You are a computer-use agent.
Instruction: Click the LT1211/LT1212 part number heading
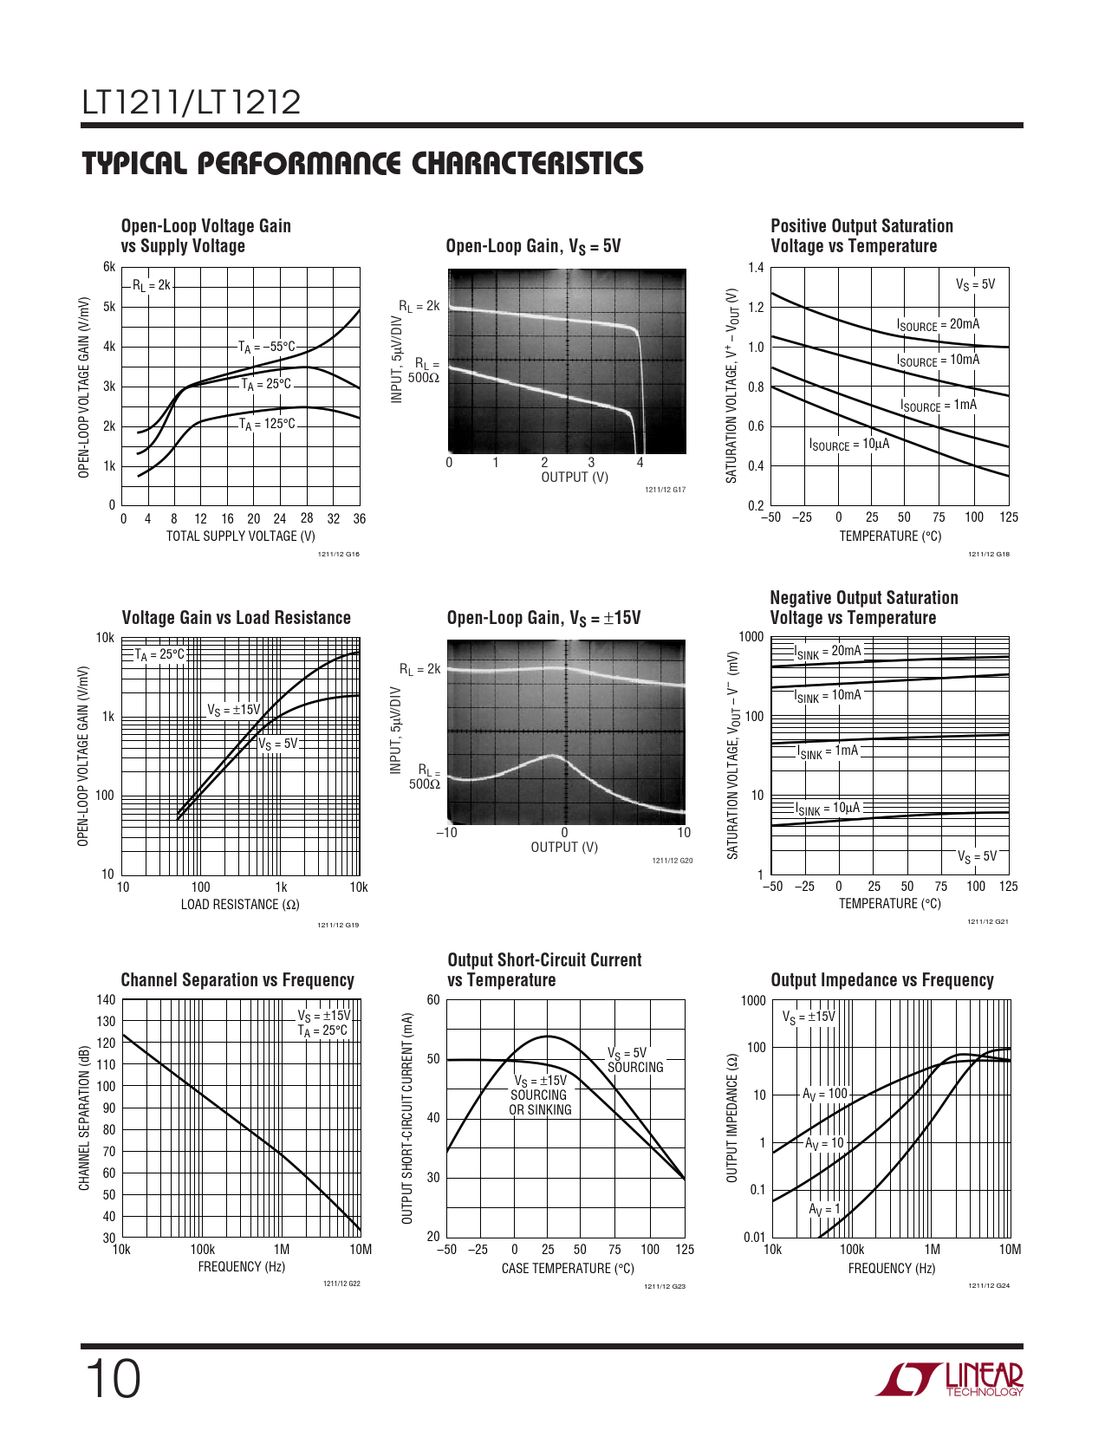point(191,103)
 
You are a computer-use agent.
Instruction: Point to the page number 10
point(113,1380)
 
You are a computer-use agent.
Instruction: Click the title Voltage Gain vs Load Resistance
point(236,618)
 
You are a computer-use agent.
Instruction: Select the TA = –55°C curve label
point(267,348)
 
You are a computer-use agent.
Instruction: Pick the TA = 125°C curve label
point(267,425)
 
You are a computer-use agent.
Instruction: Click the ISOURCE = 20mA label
point(938,325)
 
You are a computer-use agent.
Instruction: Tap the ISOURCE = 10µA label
point(848,445)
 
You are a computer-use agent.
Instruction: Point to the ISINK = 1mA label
point(828,751)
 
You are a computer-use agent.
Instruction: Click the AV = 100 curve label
point(824,1095)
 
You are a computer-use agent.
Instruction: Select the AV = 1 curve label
point(824,1210)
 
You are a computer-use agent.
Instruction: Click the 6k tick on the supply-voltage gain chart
point(109,267)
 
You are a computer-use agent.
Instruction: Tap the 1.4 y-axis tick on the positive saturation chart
point(756,267)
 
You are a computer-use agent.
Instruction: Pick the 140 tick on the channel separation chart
point(106,1000)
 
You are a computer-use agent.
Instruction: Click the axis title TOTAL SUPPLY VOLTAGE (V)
point(240,536)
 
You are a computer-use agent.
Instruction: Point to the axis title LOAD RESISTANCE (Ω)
point(240,905)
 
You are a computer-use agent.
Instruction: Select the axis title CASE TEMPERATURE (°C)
point(568,1269)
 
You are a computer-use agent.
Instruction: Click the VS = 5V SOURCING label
point(634,1061)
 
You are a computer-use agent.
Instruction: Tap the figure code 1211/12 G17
point(665,491)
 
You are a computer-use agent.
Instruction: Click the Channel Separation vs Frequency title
point(237,980)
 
